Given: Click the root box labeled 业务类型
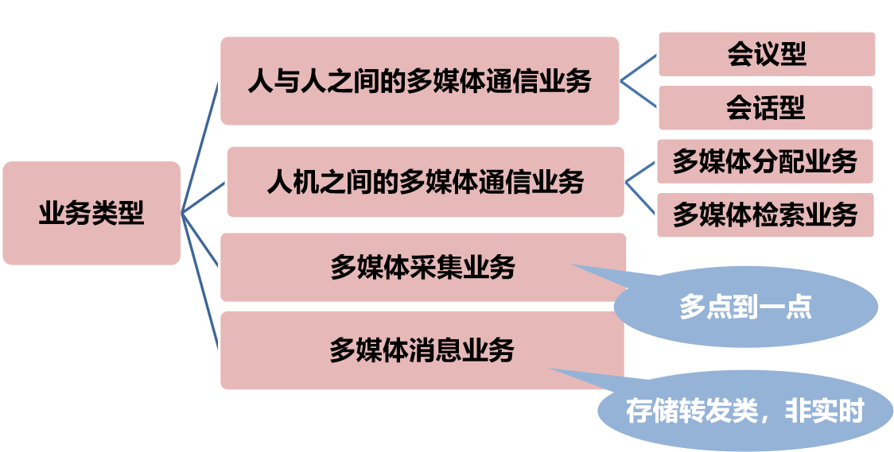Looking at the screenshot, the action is pyautogui.click(x=91, y=213).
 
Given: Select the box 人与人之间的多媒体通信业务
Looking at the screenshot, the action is pyautogui.click(x=419, y=81).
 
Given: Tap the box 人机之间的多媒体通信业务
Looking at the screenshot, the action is pyautogui.click(x=426, y=182).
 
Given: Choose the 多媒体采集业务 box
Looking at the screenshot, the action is pyautogui.click(x=422, y=268).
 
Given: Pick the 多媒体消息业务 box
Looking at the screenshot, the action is pyautogui.click(x=422, y=350).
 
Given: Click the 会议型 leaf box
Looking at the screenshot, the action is pyautogui.click(x=766, y=54).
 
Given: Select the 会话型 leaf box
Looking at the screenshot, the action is pyautogui.click(x=765, y=107).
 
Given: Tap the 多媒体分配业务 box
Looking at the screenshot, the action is pyautogui.click(x=764, y=161).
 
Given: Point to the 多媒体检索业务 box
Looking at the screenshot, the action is pyautogui.click(x=764, y=214).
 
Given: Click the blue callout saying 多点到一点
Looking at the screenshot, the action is pyautogui.click(x=745, y=307).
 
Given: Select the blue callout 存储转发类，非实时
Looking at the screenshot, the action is pyautogui.click(x=744, y=411).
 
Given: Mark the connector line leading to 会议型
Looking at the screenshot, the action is pyautogui.click(x=639, y=68).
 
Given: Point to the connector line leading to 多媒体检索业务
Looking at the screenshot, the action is pyautogui.click(x=641, y=198).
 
